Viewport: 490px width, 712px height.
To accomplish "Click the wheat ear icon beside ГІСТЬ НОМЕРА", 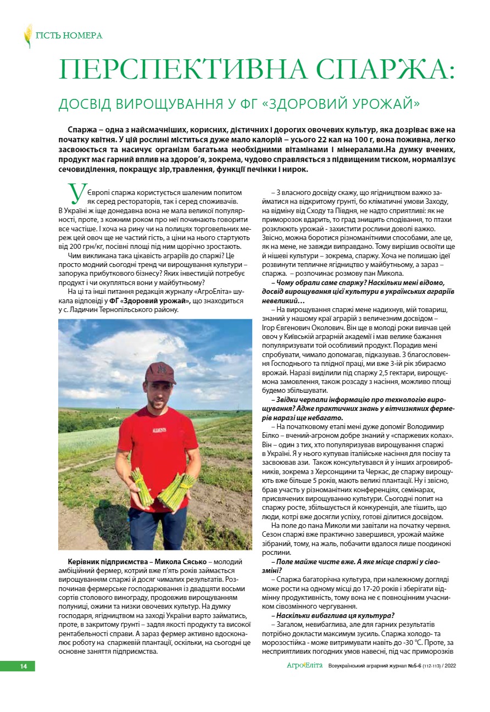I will tap(27, 36).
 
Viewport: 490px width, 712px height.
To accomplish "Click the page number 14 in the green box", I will tap(24, 666).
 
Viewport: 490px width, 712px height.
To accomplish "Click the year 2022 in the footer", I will tap(463, 666).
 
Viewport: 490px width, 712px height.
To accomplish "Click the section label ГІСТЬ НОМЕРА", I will tap(69, 36).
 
